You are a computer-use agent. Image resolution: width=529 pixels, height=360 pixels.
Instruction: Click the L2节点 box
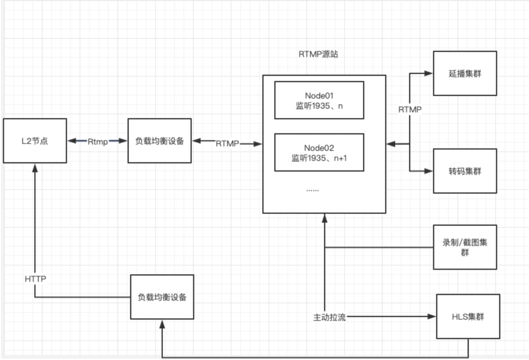35,141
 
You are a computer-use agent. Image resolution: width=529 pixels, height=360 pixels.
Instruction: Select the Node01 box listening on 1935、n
319,100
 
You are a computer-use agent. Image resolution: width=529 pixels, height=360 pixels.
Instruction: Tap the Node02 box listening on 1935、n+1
319,153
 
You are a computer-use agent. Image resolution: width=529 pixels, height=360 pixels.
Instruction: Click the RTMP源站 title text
318,54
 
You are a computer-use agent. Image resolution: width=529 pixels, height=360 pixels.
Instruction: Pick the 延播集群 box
465,74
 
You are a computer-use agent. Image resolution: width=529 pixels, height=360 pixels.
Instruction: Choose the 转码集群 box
465,171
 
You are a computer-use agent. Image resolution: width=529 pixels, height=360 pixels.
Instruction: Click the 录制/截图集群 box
465,247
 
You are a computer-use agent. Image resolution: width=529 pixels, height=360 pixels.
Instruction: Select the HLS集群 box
468,317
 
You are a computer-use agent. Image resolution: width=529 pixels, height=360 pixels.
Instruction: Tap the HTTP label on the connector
35,279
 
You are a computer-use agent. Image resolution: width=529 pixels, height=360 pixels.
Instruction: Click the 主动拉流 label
329,317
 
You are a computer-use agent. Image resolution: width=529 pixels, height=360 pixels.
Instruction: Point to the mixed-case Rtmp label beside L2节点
98,141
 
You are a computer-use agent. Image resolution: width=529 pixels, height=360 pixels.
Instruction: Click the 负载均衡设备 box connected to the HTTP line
162,297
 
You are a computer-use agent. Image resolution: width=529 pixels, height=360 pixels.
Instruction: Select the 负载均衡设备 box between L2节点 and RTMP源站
160,141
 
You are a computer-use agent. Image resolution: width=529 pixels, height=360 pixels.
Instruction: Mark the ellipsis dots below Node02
312,190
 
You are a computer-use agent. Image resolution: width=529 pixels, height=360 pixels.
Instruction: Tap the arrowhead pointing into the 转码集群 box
429,171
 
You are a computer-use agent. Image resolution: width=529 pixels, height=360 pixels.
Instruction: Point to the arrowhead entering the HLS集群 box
432,317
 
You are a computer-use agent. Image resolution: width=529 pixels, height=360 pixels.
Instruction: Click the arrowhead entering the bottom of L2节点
35,167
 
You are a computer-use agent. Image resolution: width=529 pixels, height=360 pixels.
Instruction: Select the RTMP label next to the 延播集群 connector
410,110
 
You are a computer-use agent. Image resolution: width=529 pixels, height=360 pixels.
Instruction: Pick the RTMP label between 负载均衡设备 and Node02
227,144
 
